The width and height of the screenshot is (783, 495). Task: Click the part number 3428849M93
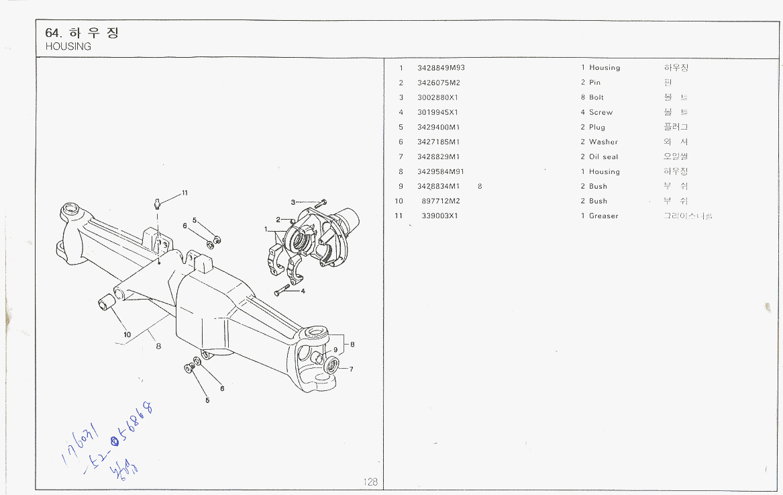pyautogui.click(x=441, y=68)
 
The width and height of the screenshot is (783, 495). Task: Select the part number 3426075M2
pyautogui.click(x=438, y=83)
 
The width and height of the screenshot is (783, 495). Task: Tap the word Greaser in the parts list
pyautogui.click(x=603, y=216)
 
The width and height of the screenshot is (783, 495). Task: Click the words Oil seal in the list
pyautogui.click(x=603, y=156)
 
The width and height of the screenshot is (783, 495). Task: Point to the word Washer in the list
pyautogui.click(x=603, y=142)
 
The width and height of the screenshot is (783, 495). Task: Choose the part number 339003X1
pyautogui.click(x=439, y=216)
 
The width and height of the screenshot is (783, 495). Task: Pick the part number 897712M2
pyautogui.click(x=441, y=201)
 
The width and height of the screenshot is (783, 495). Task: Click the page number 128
pyautogui.click(x=370, y=482)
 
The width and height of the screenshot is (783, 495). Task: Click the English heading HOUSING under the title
pyautogui.click(x=68, y=46)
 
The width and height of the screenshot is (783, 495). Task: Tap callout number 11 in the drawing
pyautogui.click(x=185, y=193)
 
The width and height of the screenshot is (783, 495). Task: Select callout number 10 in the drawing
pyautogui.click(x=127, y=334)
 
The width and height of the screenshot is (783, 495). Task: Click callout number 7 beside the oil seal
pyautogui.click(x=351, y=369)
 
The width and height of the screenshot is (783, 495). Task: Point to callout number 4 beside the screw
pyautogui.click(x=303, y=291)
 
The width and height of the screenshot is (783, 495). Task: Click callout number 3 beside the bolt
pyautogui.click(x=293, y=202)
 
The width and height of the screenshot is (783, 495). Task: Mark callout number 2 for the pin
pyautogui.click(x=278, y=220)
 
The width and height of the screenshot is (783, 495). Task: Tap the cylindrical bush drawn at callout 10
pyautogui.click(x=107, y=303)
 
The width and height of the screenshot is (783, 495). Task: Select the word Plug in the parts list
pyautogui.click(x=596, y=127)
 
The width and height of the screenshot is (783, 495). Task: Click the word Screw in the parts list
pyautogui.click(x=601, y=112)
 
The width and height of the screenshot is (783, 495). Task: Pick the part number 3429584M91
pyautogui.click(x=441, y=171)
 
